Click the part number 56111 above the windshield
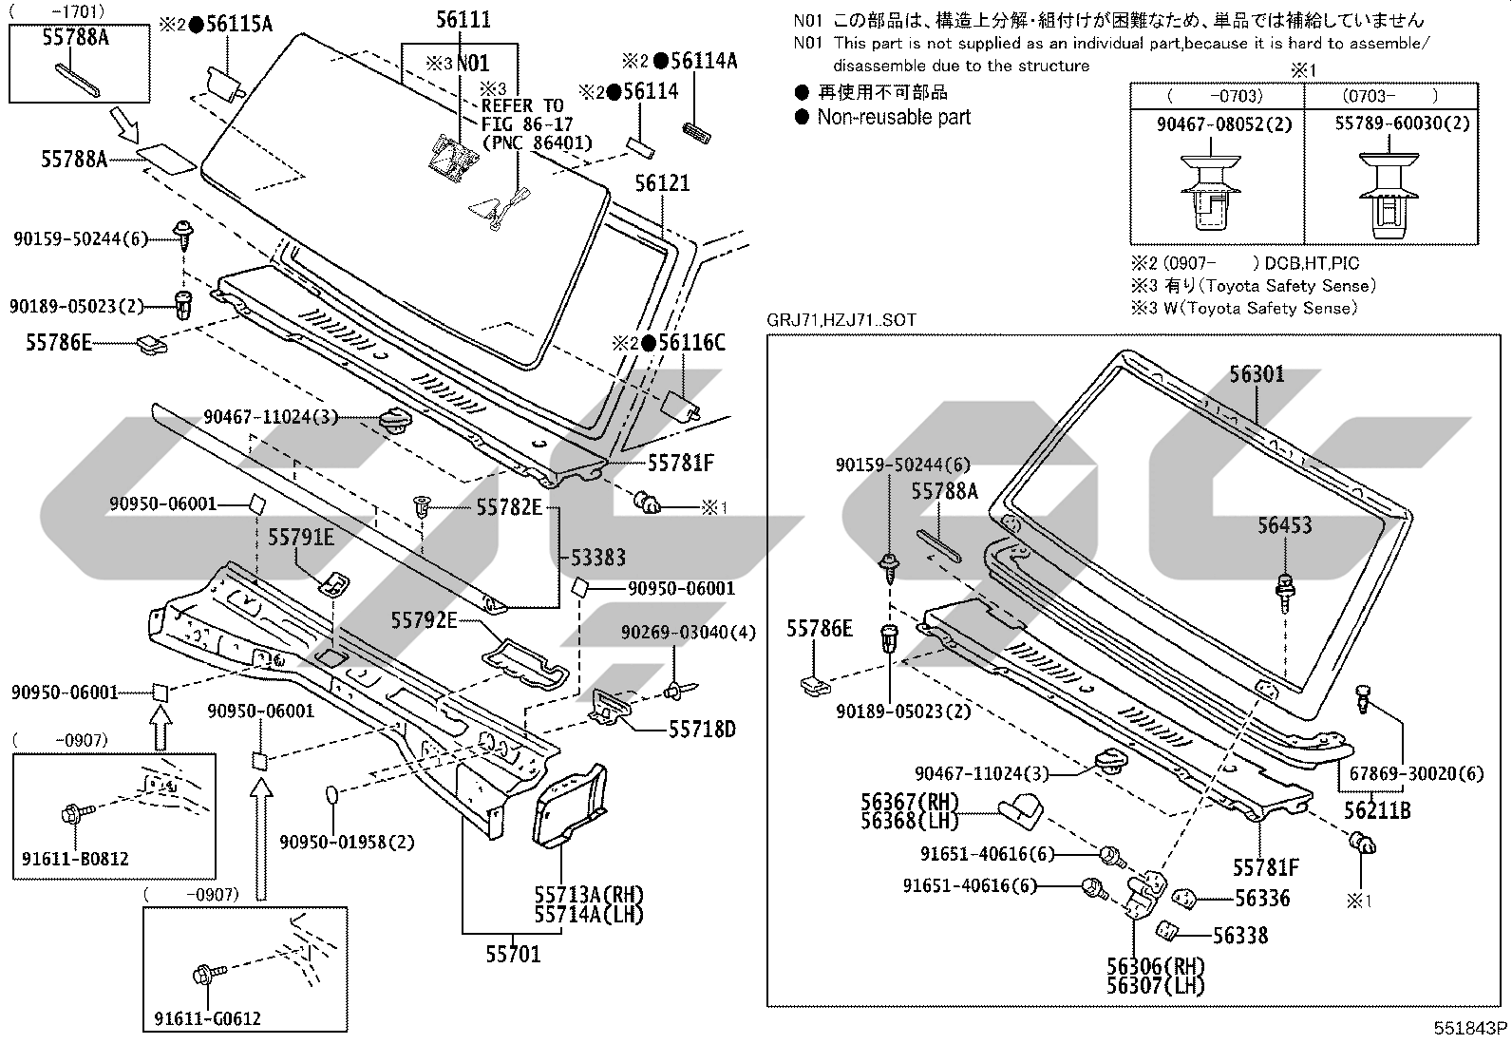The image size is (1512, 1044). click(x=463, y=20)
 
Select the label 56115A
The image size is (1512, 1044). click(x=239, y=25)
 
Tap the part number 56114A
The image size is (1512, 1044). click(x=704, y=61)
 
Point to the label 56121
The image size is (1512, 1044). click(x=662, y=183)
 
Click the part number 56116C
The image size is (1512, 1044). click(x=691, y=342)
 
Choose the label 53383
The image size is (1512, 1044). click(x=598, y=557)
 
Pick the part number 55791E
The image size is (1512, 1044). click(x=301, y=537)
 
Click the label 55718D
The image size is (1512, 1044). click(x=702, y=730)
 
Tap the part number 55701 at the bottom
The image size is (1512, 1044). click(x=513, y=954)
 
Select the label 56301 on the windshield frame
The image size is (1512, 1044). click(x=1257, y=373)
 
